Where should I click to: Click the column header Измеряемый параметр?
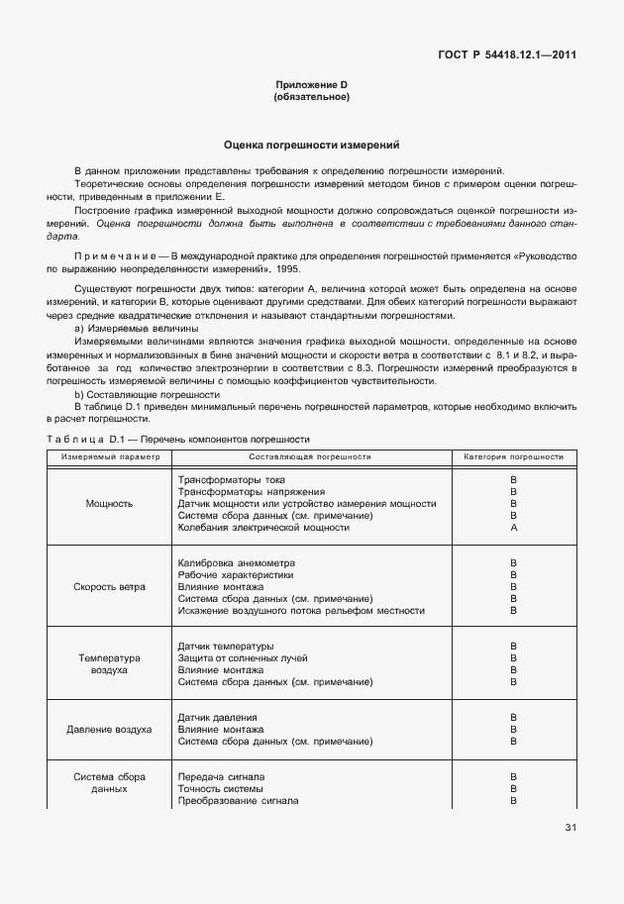pos(109,457)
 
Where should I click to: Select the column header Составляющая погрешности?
pos(309,457)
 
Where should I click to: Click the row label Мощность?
pos(109,503)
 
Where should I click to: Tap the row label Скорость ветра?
pos(109,586)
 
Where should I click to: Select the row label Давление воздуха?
pos(109,729)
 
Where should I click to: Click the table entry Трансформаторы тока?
pos(231,479)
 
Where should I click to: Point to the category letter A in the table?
pos(513,528)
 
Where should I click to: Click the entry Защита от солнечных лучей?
pos(242,658)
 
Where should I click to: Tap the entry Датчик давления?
pos(217,717)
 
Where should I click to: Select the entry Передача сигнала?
pos(221,777)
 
